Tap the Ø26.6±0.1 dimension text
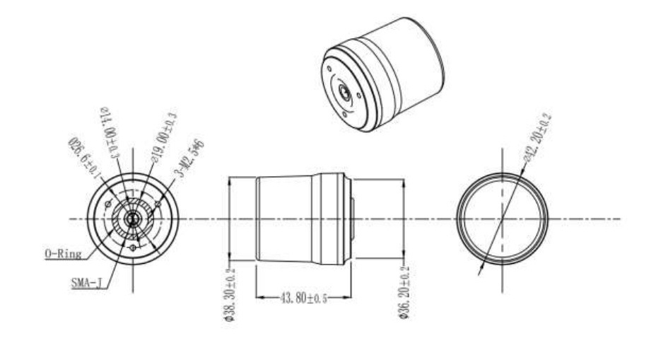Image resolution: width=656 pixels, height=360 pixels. point(81,156)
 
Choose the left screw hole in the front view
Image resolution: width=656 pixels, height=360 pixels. point(107,205)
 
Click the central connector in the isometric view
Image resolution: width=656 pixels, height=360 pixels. point(344,91)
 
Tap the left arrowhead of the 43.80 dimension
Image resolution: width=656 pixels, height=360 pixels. point(257,297)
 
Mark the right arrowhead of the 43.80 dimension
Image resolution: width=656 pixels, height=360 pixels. point(350,297)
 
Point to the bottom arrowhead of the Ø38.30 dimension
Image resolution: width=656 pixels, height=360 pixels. point(230,261)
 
